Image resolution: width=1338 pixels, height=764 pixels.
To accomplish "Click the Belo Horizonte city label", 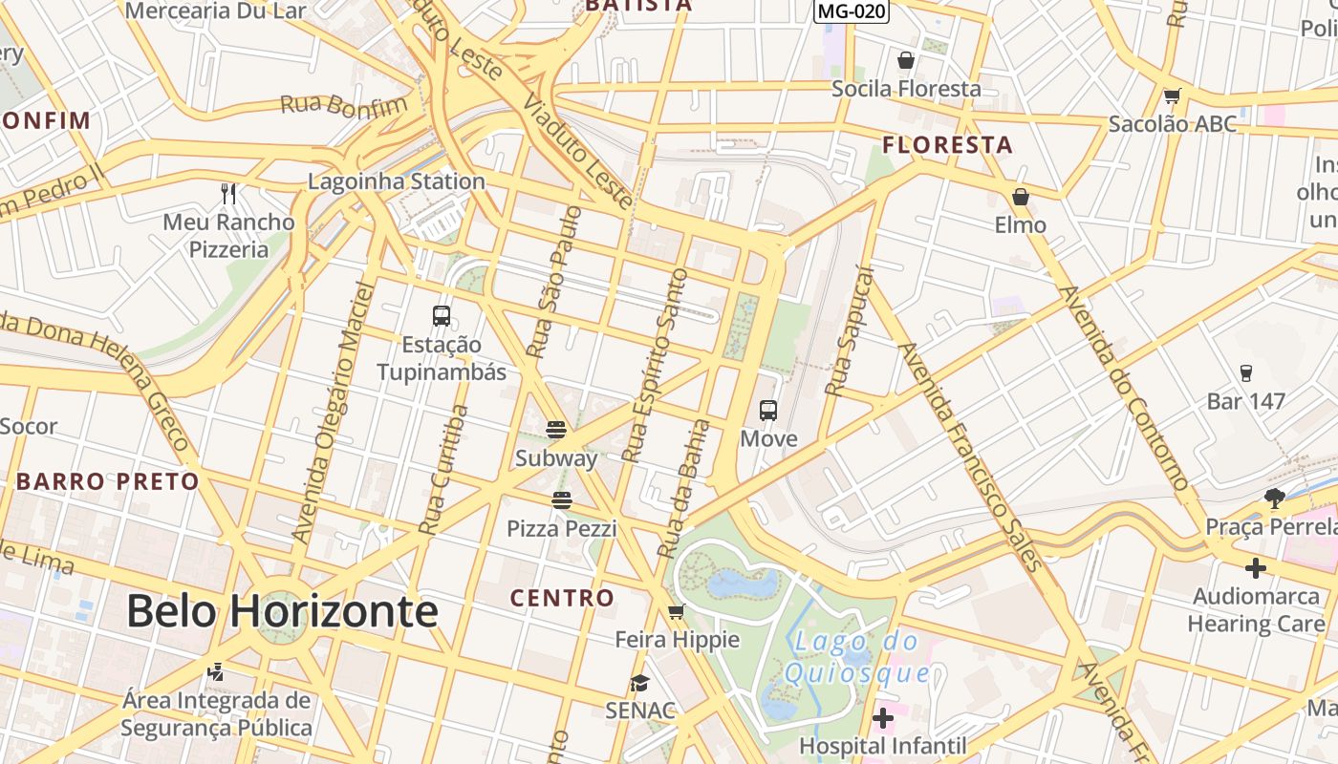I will (x=282, y=611).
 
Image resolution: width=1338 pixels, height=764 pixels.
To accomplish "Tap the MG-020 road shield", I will (x=851, y=11).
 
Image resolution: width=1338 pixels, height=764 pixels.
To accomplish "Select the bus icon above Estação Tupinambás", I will (x=442, y=315).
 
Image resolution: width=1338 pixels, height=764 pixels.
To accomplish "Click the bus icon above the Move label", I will (x=768, y=411).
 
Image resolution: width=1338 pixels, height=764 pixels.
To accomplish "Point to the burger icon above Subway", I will (x=556, y=429).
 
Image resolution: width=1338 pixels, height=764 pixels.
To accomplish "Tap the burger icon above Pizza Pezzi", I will (x=561, y=499).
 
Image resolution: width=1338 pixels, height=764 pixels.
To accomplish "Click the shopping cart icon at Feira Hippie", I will (x=677, y=611).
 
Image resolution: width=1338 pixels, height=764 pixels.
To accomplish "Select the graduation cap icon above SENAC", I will (x=639, y=683).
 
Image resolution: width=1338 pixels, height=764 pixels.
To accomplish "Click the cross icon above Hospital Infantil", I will (x=883, y=717).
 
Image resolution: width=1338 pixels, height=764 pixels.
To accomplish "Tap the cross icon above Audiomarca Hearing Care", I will (x=1256, y=568).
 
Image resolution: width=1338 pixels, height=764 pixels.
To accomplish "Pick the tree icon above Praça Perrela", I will (x=1274, y=498).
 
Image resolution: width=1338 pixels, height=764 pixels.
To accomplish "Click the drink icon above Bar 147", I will (x=1245, y=372).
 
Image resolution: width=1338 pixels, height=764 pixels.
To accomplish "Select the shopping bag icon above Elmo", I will (x=1021, y=197).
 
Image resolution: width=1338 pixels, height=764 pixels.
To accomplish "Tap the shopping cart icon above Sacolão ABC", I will (x=1172, y=95).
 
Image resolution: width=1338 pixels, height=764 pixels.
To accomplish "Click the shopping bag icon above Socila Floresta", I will (x=906, y=60).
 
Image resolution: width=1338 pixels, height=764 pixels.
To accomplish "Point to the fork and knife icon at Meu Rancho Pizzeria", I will (x=228, y=194).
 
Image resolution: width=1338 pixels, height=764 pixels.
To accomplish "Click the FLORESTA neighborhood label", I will (x=947, y=145).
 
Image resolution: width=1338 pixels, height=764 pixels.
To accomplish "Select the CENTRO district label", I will (x=562, y=599).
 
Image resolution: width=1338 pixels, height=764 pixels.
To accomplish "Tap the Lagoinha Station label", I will (x=397, y=180).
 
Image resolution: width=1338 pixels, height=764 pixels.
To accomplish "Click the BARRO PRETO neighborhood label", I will (x=107, y=481).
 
